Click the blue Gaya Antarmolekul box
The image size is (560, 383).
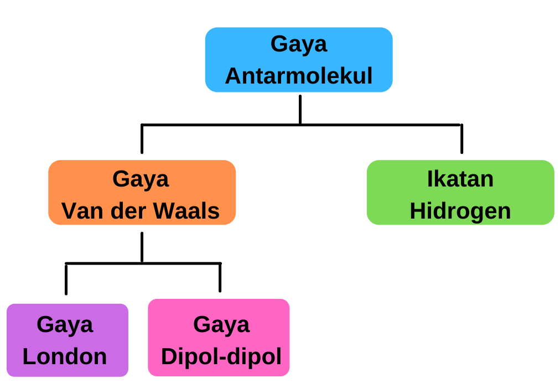pyautogui.click(x=299, y=60)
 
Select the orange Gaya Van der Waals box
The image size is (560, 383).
pyautogui.click(x=142, y=193)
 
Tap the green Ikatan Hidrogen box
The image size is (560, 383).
pyautogui.click(x=460, y=193)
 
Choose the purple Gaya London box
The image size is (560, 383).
pyautogui.click(x=68, y=340)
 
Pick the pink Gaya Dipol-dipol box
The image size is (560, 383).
pyautogui.click(x=219, y=338)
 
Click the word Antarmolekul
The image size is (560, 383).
pyautogui.click(x=299, y=76)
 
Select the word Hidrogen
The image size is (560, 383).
pyautogui.click(x=460, y=211)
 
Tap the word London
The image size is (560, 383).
pyautogui.click(x=65, y=356)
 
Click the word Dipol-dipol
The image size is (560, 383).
pyautogui.click(x=221, y=356)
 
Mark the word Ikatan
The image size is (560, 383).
pyautogui.click(x=460, y=179)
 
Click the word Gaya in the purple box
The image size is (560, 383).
pyautogui.click(x=65, y=324)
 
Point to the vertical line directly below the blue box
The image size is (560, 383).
pyautogui.click(x=300, y=110)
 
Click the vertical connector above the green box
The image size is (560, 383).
pyautogui.click(x=462, y=139)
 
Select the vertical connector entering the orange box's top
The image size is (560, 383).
pyautogui.click(x=142, y=139)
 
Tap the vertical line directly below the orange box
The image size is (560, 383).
pyautogui.click(x=142, y=247)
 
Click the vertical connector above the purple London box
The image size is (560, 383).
pyautogui.click(x=66, y=279)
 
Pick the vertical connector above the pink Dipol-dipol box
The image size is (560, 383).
pyautogui.click(x=220, y=278)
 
